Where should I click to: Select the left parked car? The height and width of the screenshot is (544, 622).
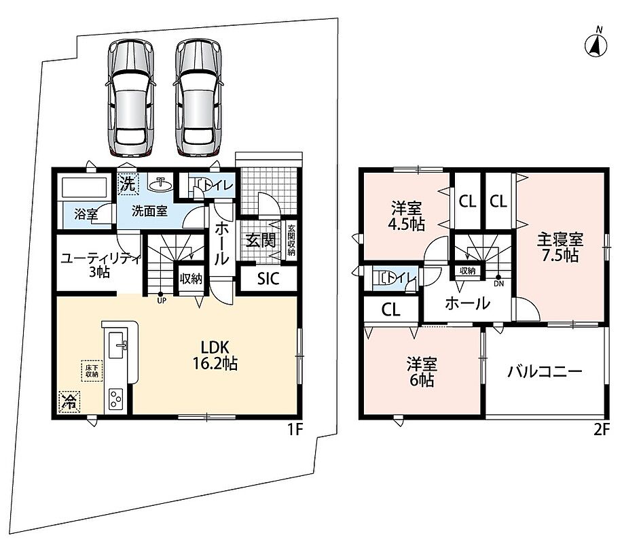130,97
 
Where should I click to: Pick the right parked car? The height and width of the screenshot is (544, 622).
198,97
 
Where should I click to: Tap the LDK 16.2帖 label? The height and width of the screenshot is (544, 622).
215,356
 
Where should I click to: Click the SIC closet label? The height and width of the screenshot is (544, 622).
268,279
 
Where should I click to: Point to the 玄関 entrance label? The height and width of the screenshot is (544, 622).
260,240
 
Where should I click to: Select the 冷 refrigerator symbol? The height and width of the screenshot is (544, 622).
69,402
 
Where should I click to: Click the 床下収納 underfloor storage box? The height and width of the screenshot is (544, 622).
92,371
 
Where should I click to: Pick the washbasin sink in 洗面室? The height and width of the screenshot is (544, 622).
161,183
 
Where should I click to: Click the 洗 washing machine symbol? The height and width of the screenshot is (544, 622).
128,184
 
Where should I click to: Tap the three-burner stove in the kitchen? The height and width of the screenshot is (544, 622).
115,398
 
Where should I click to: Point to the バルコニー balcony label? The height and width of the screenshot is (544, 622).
545,372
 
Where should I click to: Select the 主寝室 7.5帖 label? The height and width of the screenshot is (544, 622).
560,248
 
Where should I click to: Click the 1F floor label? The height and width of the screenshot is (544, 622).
295,430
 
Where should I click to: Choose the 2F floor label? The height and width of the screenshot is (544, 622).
600,430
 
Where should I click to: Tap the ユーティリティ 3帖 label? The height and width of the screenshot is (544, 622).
100,265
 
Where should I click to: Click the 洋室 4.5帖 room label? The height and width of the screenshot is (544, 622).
406,216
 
